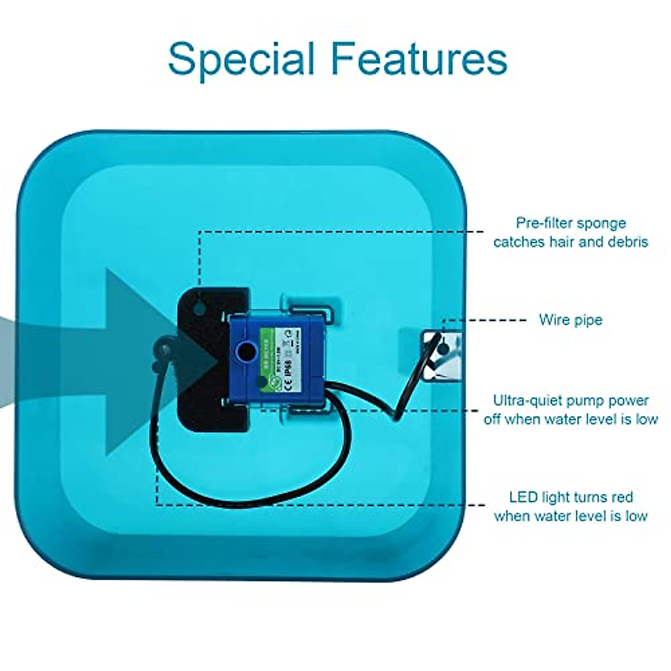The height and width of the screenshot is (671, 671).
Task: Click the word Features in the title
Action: point(419,58)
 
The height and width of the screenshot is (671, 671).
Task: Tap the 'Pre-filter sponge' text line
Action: point(571,223)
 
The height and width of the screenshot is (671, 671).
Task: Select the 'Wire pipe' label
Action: point(570,320)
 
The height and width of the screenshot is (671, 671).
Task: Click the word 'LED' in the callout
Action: point(522,497)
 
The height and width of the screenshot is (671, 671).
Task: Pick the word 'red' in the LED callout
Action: point(622,497)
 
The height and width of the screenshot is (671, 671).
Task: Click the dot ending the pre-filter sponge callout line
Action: point(200,307)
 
